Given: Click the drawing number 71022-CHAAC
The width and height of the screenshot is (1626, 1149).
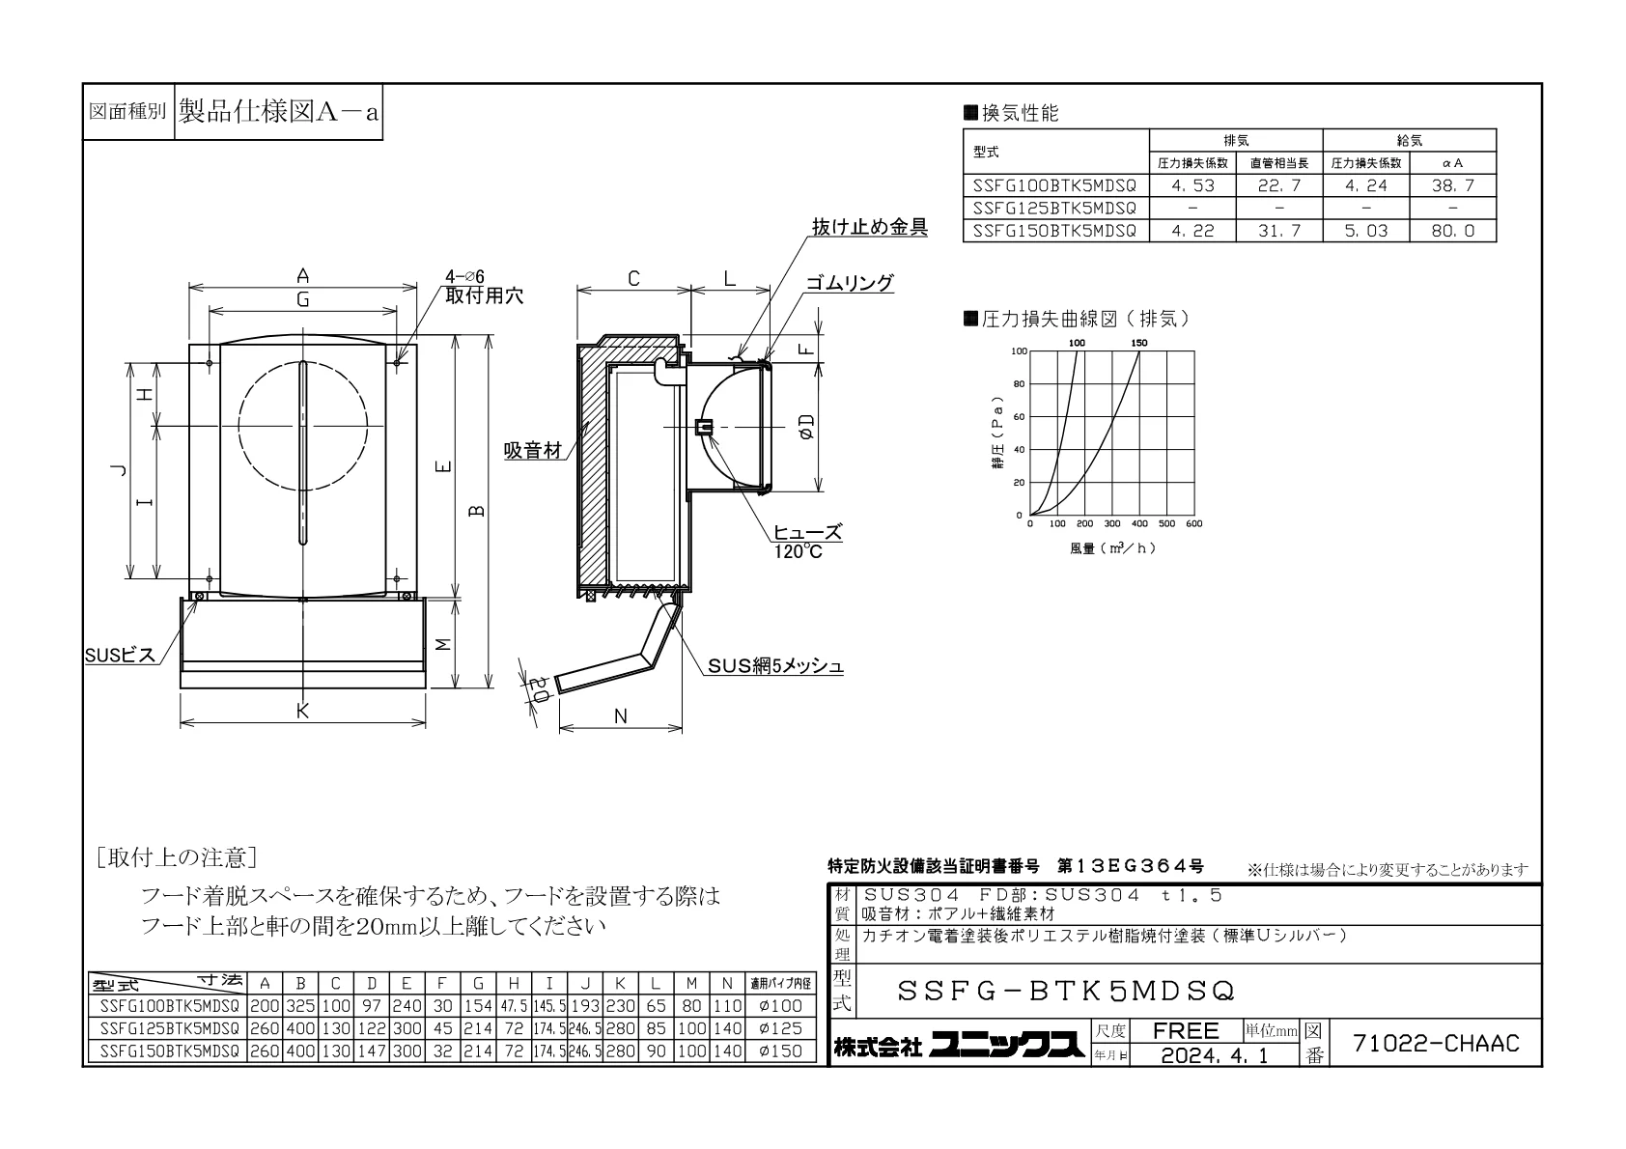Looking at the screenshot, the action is coord(1436,1043).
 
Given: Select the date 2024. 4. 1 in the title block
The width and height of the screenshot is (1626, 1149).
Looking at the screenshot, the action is coord(1214,1055).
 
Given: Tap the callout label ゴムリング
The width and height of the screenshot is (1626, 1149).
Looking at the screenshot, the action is coord(850,282).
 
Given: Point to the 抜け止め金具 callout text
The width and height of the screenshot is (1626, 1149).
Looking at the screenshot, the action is coord(869,227).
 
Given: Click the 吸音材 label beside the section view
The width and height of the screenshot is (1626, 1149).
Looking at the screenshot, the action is coord(533,451).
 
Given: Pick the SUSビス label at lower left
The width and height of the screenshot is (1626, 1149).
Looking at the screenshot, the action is coord(120,656).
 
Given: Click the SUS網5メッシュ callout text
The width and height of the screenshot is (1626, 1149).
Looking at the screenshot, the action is coord(775,665).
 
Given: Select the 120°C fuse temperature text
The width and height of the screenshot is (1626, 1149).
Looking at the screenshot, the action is coord(797,551).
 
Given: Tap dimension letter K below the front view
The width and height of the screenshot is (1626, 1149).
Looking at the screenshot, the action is coord(302,711).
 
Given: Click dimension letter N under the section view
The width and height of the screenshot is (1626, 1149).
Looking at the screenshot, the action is coord(621,716).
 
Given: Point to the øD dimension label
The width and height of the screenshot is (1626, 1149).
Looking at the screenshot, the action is coord(805,426).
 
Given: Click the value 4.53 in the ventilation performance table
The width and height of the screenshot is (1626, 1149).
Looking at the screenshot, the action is coord(1192,185).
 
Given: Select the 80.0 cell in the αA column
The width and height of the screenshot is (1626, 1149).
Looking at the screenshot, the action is coord(1452,231).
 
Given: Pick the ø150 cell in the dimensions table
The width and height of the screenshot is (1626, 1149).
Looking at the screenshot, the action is coord(780,1051).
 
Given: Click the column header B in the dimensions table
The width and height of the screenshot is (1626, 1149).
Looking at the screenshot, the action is coord(300,984).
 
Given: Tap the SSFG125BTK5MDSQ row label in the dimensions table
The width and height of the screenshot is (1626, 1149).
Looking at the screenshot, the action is coord(169,1028).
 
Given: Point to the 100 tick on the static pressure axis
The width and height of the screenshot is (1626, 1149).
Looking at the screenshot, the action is coord(1020,351).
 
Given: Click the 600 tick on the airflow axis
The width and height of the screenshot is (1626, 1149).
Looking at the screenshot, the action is coord(1194,523).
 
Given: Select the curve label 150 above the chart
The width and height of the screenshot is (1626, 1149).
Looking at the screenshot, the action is coord(1139,343).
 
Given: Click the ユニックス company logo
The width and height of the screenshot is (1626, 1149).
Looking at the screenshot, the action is coord(1007,1046).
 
